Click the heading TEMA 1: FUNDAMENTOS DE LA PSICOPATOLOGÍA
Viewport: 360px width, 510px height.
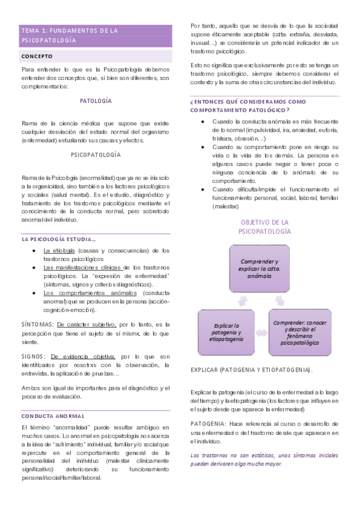point(70,35)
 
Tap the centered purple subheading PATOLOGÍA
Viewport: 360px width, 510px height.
point(96,101)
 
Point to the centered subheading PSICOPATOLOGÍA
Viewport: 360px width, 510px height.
point(96,155)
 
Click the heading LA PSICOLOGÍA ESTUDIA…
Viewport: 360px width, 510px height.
point(58,239)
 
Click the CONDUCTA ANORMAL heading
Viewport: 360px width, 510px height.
point(53,416)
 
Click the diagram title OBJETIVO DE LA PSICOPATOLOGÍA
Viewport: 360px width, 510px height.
point(264,227)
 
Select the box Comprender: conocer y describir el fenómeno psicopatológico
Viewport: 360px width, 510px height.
point(300,331)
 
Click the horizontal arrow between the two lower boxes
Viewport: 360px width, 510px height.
point(262,332)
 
